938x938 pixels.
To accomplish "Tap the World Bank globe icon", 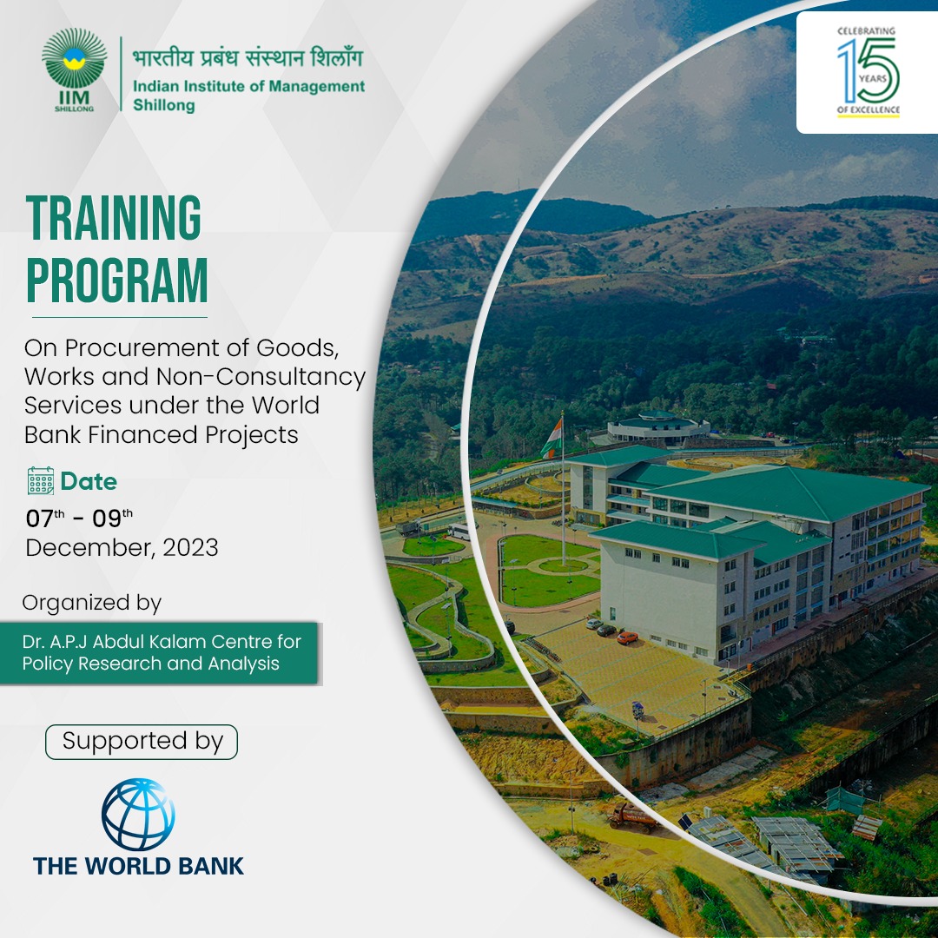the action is coord(138,814).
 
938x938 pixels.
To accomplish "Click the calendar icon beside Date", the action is coord(41,481).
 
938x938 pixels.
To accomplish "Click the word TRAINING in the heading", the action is coord(114,217).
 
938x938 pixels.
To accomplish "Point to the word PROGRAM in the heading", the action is coord(116,281).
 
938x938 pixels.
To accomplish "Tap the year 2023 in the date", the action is coord(190,548).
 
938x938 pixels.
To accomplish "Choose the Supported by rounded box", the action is coord(142,742).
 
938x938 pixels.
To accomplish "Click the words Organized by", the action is coord(91,603).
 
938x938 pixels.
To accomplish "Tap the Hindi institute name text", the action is coord(248,57).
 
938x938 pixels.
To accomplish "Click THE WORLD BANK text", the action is coord(139,866).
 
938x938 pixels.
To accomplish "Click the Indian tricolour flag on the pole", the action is coord(552,438).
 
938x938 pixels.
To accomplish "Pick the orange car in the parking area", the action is coord(628,637).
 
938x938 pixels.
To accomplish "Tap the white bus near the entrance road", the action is coord(459,532).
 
